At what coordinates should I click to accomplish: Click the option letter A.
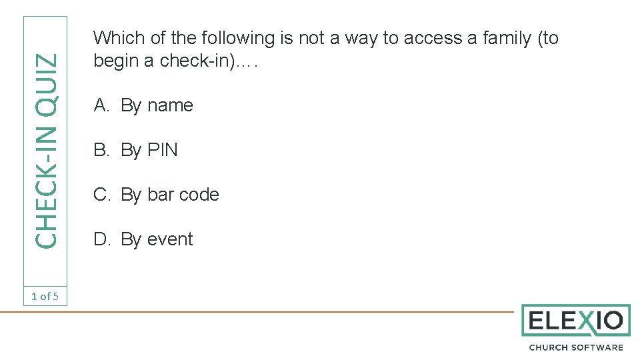click(101, 105)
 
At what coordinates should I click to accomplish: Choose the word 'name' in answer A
click(170, 105)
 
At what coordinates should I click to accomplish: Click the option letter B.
click(101, 150)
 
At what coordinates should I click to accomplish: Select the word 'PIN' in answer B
click(163, 150)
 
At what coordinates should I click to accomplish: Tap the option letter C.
click(101, 195)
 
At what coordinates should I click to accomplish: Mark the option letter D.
click(101, 239)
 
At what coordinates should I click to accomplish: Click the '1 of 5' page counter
click(45, 296)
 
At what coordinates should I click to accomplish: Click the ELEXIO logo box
click(575, 321)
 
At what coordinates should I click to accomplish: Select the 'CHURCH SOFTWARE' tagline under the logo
click(575, 347)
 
